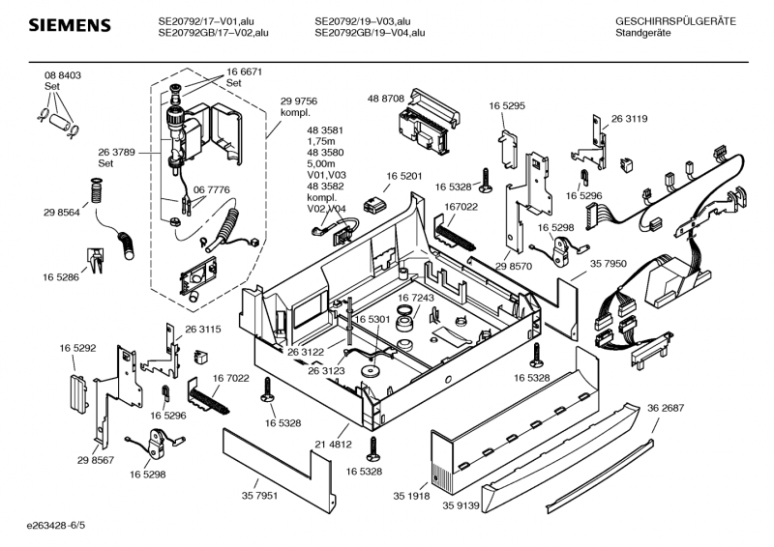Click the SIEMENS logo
tap(68, 24)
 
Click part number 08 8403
tap(62, 75)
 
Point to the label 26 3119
tap(629, 119)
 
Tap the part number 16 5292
tap(77, 347)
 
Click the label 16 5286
tap(60, 277)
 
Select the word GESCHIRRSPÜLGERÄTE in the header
tap(675, 21)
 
